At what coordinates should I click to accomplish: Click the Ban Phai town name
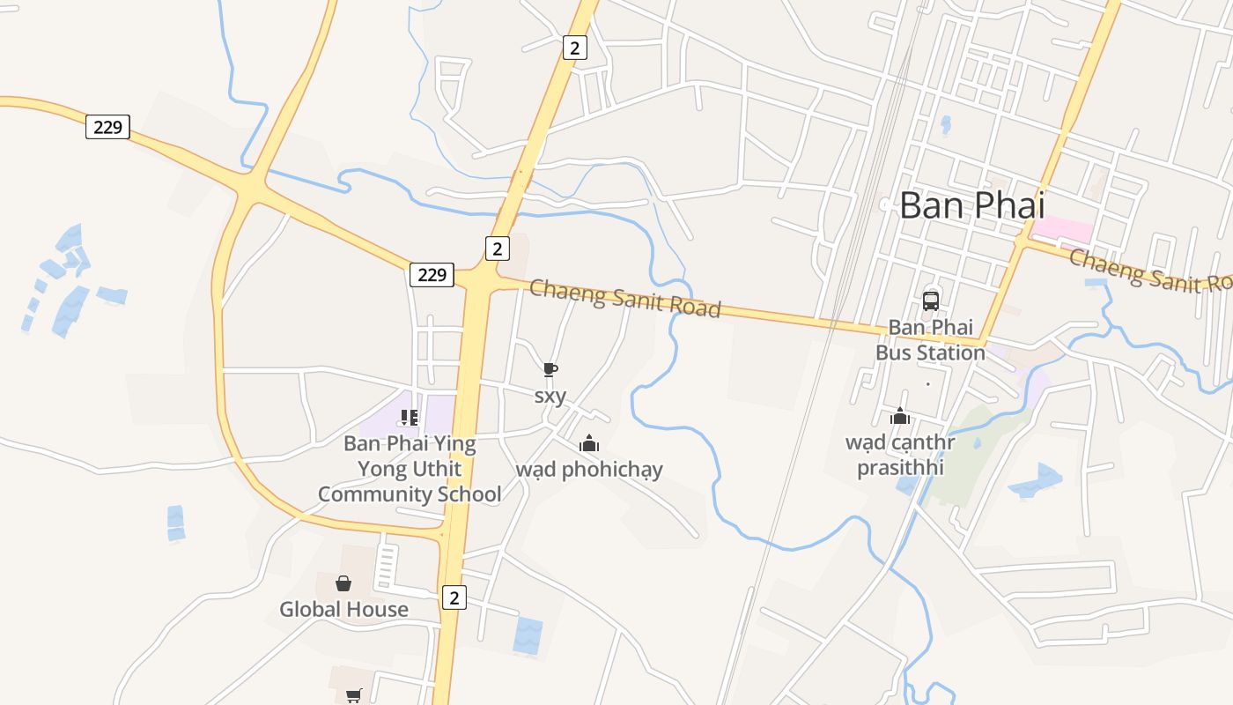click(971, 205)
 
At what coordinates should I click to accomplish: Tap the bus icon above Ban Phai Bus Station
click(930, 301)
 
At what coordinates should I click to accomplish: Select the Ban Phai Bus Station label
click(930, 340)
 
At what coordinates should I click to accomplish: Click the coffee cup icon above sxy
click(550, 369)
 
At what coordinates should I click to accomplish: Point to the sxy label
click(550, 397)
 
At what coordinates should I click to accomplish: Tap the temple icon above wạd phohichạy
click(589, 443)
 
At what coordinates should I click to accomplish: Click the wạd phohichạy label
click(589, 469)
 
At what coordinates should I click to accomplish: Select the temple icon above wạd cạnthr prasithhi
click(900, 416)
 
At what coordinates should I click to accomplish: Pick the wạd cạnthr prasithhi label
click(900, 454)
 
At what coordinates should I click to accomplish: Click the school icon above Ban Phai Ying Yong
click(409, 417)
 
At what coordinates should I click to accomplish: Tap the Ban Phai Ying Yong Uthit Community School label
click(410, 469)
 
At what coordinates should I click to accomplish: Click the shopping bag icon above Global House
click(343, 583)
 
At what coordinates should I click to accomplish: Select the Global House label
click(343, 609)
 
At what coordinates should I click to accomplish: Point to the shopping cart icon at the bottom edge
click(354, 695)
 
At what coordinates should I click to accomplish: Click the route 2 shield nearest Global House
click(454, 597)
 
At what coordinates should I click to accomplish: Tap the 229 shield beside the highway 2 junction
click(432, 275)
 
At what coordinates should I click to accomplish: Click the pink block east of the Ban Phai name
click(1062, 230)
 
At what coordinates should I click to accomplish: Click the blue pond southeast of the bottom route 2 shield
click(528, 635)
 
